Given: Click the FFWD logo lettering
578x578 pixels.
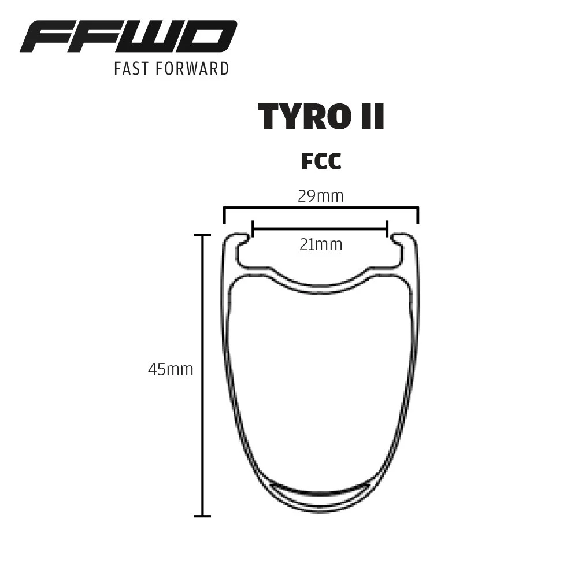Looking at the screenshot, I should (x=128, y=37).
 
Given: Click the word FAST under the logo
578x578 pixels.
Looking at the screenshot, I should (x=132, y=68).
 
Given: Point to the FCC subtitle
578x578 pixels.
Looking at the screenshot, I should (x=321, y=162).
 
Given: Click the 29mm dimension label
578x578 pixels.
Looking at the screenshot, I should (x=321, y=196).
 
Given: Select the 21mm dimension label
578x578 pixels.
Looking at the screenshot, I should (x=321, y=245).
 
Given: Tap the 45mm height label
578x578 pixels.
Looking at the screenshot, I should (x=171, y=369).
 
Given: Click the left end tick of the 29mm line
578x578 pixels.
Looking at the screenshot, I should (x=224, y=215).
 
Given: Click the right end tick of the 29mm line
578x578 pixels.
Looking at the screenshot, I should (x=417, y=215).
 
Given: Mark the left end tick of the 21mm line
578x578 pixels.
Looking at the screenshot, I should (x=253, y=229).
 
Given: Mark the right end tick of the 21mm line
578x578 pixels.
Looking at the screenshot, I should (x=387, y=229).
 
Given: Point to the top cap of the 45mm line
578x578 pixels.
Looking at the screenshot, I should (x=202, y=235).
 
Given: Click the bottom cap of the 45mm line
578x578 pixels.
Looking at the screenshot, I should (x=202, y=516).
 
